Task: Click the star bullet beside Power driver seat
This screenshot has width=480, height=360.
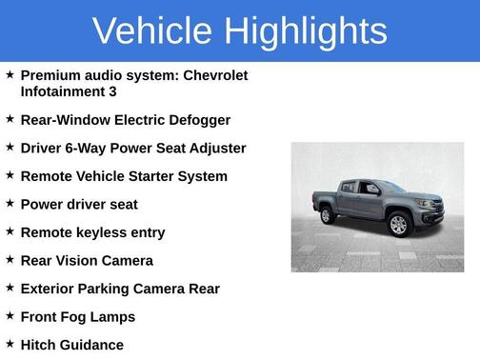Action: [10, 204]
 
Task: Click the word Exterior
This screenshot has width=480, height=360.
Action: [50, 289]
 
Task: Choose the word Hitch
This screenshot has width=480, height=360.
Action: [39, 345]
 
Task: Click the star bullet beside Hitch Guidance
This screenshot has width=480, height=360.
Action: [10, 344]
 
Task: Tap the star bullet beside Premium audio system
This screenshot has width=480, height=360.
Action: [10, 74]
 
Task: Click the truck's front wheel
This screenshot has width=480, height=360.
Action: [398, 225]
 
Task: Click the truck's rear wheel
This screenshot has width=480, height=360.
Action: [328, 215]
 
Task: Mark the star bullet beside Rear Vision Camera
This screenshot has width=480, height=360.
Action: [10, 260]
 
